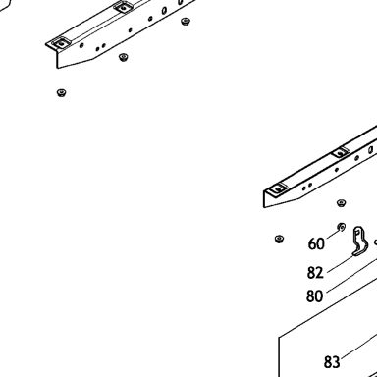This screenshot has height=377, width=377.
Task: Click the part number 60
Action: tap(316, 243)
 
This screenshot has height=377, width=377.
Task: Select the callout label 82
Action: tap(315, 272)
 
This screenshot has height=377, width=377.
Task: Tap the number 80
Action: tap(314, 296)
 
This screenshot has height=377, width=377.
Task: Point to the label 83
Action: tap(332, 362)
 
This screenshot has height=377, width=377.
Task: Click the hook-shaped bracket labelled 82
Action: tap(360, 242)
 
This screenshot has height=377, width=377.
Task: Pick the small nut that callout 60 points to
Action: tap(341, 227)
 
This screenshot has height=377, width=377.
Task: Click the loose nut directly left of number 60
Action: tap(279, 239)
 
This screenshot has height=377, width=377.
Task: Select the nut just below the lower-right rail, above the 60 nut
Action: tap(341, 203)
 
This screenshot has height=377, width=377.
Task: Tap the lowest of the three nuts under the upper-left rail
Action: tap(61, 93)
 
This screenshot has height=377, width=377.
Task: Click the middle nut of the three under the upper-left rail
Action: tap(123, 57)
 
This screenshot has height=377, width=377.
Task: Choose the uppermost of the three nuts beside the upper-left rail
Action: tap(186, 22)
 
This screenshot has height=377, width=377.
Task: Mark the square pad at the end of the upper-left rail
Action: tap(60, 43)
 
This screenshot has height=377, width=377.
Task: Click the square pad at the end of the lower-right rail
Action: tap(278, 188)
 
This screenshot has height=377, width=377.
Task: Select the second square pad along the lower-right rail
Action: tap(341, 152)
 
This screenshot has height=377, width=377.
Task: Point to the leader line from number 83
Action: tap(358, 347)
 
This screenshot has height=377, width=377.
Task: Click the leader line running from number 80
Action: tap(351, 275)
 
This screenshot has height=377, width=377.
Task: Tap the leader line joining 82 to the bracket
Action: tap(341, 263)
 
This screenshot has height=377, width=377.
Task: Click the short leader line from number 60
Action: tap(333, 233)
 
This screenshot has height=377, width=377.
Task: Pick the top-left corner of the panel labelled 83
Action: tap(279, 337)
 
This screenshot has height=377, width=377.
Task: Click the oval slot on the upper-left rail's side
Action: tap(164, 11)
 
